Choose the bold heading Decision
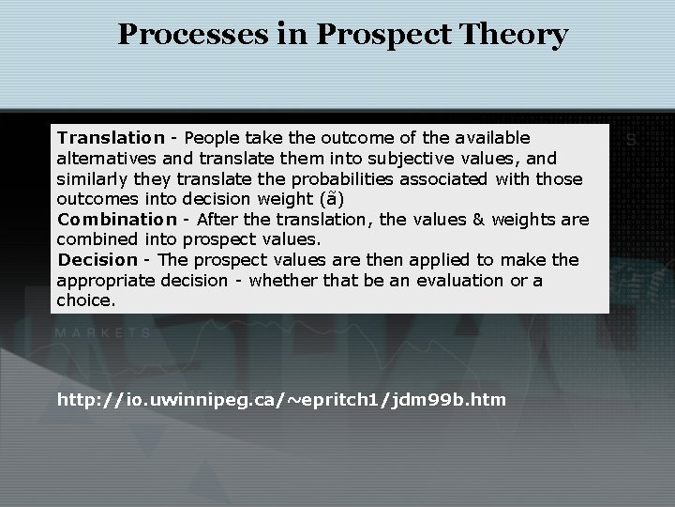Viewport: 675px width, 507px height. (x=97, y=259)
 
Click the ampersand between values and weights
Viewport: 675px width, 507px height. (x=478, y=219)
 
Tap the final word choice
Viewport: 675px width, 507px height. (x=85, y=300)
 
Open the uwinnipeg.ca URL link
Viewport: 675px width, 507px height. (x=281, y=400)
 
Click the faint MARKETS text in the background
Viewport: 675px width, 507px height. (x=103, y=332)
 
